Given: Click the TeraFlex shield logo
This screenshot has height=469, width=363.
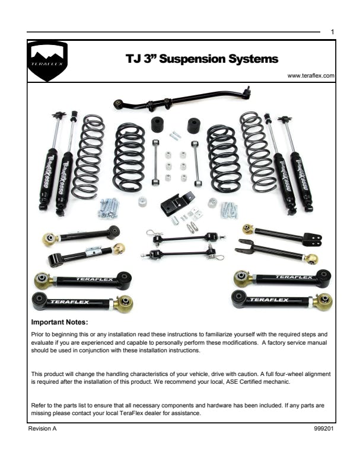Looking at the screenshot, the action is tap(47, 61).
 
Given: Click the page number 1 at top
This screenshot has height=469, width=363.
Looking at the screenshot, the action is tap(332, 32).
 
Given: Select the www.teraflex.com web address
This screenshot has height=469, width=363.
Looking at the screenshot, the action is tap(311, 76).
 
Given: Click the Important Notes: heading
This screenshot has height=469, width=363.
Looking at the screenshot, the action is tap(59, 322).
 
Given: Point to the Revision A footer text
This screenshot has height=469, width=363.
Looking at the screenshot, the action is tap(42, 429).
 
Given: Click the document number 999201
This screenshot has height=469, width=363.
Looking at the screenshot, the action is tap(323, 429).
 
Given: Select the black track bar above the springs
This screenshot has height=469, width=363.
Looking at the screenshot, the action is tap(182, 99).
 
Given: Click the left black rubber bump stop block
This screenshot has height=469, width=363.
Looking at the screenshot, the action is tap(158, 124).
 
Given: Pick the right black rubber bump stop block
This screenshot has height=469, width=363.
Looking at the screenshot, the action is tap(195, 126).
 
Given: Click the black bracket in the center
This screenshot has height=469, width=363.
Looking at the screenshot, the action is tap(177, 203).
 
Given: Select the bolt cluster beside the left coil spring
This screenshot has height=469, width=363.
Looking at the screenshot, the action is tap(109, 208).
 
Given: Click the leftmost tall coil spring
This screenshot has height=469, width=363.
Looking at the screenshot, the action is tap(88, 156).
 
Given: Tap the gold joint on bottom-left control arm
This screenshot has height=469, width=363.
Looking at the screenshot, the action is tap(123, 304).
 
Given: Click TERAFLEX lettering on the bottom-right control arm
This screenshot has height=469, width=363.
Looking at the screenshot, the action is tap(269, 300).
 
